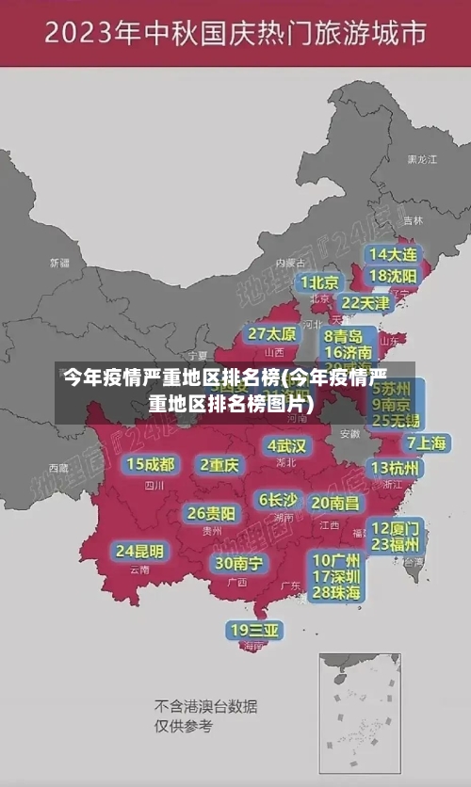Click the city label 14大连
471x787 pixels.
coord(393,254)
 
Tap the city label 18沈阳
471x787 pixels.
coord(393,276)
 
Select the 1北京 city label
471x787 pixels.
coord(320,282)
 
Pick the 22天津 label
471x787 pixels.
coord(365,303)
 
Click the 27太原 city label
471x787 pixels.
coord(272,334)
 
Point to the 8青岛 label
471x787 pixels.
coord(343,336)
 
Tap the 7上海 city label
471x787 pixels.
coord(426,442)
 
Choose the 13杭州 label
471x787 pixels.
coord(395,468)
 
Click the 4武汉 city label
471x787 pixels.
coord(287,445)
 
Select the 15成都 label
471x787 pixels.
coord(151,464)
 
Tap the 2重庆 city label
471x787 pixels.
coord(219,464)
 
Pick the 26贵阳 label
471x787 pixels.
coord(211,513)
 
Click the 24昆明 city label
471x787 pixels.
coord(139,551)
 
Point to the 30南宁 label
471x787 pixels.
coord(238,563)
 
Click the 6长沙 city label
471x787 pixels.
coord(278,500)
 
